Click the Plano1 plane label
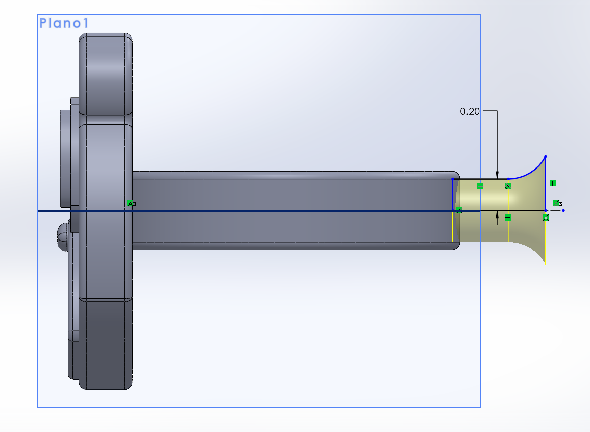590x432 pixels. coord(64,23)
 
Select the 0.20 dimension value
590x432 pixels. coord(470,111)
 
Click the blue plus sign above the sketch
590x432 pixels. coord(508,137)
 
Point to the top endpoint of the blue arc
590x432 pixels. coord(546,157)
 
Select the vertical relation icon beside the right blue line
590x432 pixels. coord(552,183)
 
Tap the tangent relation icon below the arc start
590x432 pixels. coord(508,186)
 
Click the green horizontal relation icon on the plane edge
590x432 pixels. coord(480,186)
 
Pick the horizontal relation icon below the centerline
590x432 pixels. coord(508,218)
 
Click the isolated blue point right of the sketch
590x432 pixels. coord(563,211)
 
